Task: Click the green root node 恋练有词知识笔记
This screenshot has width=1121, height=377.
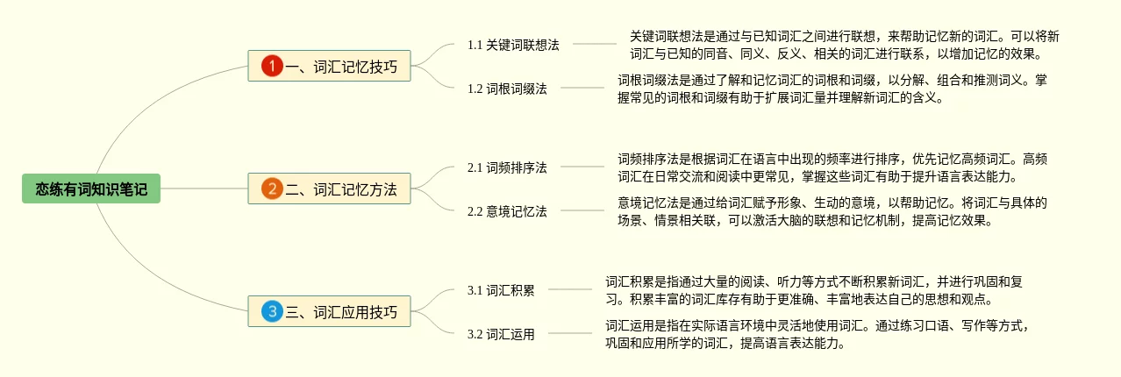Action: [91, 188]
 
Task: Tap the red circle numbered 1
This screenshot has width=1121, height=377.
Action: [272, 66]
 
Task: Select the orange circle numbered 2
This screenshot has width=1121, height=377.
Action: [272, 188]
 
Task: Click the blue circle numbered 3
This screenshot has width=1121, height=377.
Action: [272, 311]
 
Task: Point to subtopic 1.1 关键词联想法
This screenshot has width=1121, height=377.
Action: [513, 45]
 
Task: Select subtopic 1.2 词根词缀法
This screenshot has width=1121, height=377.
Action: [507, 89]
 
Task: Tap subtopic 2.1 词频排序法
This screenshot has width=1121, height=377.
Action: [507, 167]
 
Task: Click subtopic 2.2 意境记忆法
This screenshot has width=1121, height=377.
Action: [507, 211]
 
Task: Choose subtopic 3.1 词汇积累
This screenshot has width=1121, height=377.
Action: [501, 290]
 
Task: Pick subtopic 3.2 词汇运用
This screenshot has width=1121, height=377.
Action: [501, 334]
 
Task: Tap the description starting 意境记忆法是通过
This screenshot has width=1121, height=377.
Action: [832, 211]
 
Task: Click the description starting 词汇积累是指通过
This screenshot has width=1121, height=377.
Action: [813, 290]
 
